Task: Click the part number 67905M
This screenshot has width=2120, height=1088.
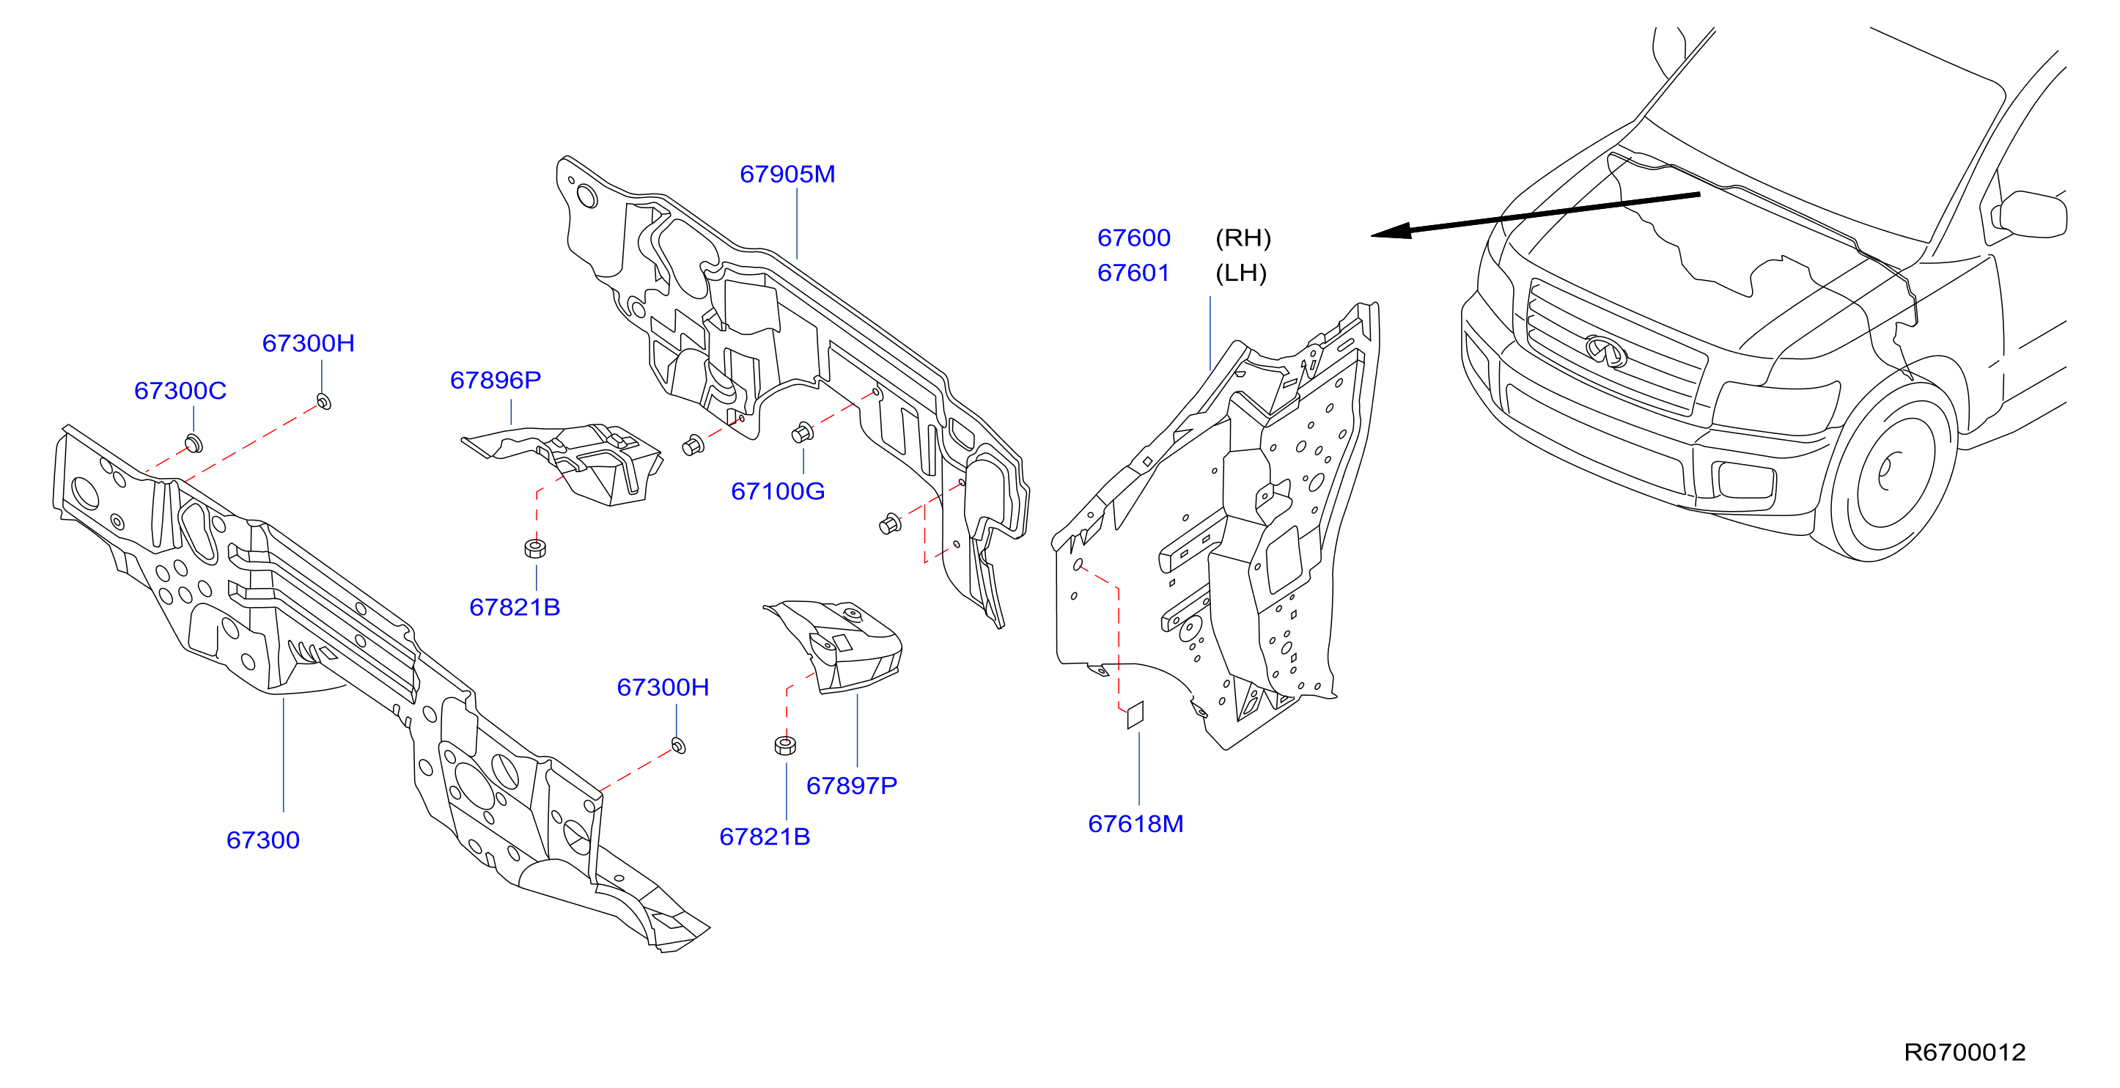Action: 787,174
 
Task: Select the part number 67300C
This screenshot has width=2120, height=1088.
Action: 180,390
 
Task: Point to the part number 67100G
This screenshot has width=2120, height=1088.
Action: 778,490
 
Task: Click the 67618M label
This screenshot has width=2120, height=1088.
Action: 1136,823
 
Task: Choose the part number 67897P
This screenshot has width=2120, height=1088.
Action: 852,785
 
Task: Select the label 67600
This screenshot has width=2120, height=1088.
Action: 1133,237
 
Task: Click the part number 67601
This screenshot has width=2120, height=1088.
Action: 1133,273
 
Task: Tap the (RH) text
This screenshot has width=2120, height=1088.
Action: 1243,238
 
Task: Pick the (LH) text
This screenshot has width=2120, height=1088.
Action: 1241,273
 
